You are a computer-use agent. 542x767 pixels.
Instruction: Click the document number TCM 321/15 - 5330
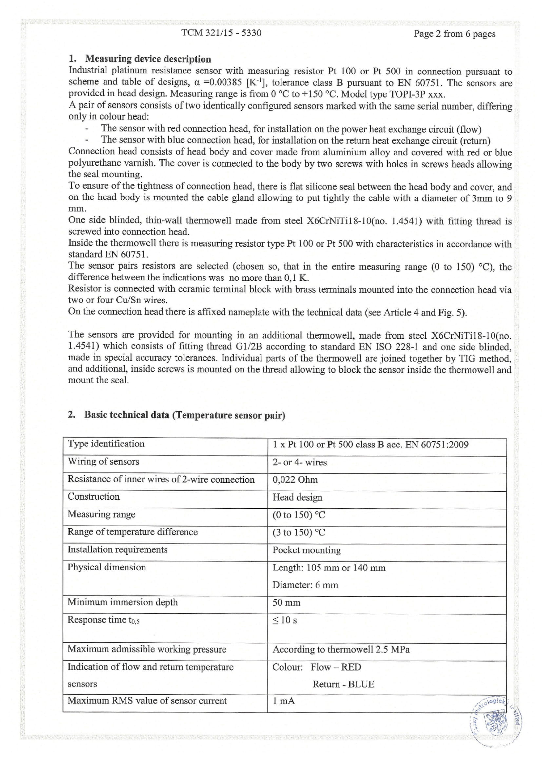[221, 33]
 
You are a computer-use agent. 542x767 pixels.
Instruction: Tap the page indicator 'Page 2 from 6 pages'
[454, 34]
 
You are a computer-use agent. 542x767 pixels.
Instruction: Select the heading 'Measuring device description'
[148, 59]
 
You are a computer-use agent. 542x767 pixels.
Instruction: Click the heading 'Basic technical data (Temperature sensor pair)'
[184, 415]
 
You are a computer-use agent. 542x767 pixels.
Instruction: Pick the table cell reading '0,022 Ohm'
[295, 480]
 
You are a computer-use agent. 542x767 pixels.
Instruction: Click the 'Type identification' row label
[106, 444]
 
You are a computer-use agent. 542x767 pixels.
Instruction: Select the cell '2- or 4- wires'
[300, 462]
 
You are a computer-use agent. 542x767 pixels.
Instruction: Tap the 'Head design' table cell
[297, 497]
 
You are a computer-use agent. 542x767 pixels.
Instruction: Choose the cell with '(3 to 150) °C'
[299, 532]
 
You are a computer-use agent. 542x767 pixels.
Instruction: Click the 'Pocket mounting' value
[306, 550]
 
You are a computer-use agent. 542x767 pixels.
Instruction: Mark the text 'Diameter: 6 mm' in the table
[305, 585]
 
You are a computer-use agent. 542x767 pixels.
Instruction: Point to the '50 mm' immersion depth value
[286, 602]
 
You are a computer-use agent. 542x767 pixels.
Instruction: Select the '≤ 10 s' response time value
[284, 620]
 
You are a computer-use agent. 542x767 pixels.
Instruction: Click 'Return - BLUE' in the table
[343, 684]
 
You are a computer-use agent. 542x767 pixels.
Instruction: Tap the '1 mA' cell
[284, 701]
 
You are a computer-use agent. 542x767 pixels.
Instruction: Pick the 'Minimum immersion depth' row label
[123, 602]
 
